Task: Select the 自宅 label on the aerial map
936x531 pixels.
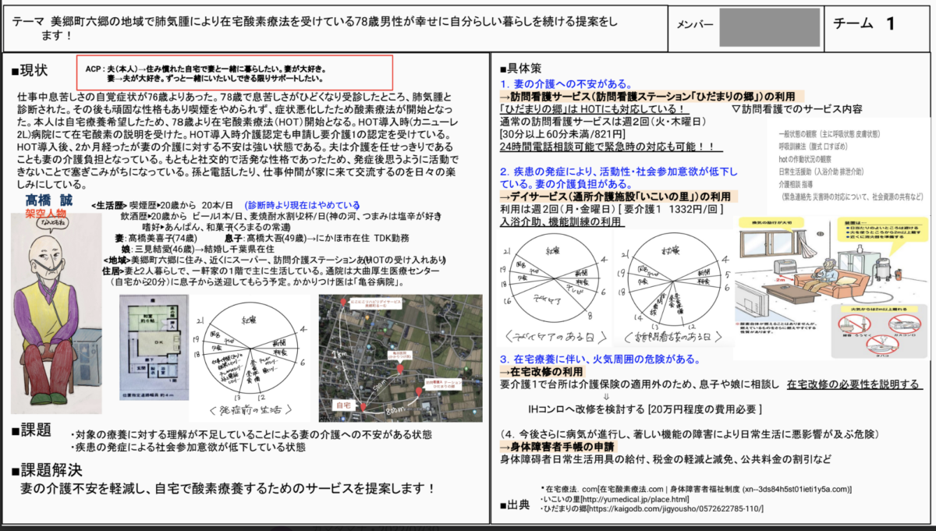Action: click(341, 405)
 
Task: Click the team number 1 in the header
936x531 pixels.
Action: click(890, 23)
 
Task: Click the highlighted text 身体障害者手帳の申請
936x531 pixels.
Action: click(557, 447)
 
